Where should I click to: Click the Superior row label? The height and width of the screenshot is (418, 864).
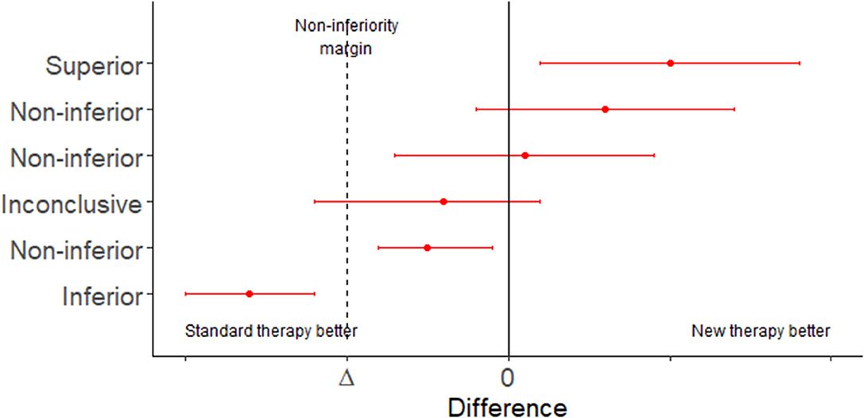click(94, 64)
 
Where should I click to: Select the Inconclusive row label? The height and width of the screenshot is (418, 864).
click(72, 204)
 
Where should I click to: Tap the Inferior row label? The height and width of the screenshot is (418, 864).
click(102, 297)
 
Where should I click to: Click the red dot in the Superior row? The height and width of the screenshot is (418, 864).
click(670, 63)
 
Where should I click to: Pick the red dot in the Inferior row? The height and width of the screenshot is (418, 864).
click(249, 293)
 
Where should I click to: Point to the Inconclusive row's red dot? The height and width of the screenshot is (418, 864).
click(444, 201)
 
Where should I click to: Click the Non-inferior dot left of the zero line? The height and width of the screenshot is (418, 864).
click(427, 247)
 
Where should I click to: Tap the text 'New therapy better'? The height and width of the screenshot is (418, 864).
click(761, 331)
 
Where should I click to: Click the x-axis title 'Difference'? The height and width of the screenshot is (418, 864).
click(508, 407)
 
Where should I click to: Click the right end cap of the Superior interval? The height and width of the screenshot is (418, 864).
click(800, 63)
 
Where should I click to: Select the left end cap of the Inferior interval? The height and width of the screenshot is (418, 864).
click(185, 293)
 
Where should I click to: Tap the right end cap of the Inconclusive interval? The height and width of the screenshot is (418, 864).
click(540, 201)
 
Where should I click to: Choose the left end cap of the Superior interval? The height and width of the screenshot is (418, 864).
click(540, 63)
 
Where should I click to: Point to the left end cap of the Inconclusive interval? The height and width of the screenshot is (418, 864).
click(315, 201)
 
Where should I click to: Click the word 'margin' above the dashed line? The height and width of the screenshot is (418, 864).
click(346, 48)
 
